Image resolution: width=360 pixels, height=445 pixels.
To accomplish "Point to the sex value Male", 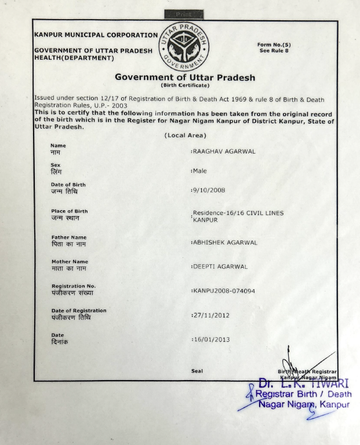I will [x=199, y=171].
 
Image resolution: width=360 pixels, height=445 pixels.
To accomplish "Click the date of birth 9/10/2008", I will [x=208, y=190].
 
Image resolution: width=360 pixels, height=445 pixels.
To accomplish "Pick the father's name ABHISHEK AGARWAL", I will [x=225, y=242].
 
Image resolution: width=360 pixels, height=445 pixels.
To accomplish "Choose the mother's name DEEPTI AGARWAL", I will [x=220, y=267].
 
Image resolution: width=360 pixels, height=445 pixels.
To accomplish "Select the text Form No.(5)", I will [x=274, y=45].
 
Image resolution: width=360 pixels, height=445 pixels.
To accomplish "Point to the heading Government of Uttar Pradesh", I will [x=185, y=77].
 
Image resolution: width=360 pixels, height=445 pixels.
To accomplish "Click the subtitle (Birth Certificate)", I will [x=185, y=86].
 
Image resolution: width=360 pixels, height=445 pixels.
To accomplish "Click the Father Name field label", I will [x=69, y=237].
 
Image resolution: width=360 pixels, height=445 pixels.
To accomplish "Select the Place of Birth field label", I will [x=70, y=211].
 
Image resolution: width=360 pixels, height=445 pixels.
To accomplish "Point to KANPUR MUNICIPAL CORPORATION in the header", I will [x=96, y=35].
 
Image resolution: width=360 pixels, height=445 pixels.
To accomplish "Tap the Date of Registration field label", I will [x=79, y=311].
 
